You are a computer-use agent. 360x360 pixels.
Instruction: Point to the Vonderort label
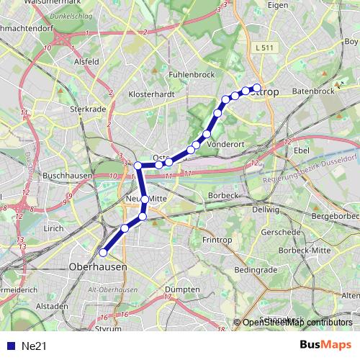pos(226,144)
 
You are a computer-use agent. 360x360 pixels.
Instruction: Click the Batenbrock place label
pos(314,91)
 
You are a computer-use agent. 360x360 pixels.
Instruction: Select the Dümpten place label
pos(183,289)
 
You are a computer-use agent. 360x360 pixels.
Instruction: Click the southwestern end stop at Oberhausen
pos(103,253)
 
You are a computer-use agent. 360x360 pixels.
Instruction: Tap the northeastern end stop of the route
pos(256,89)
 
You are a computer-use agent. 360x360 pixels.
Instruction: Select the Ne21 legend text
pos(33,346)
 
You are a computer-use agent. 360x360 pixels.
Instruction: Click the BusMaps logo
pos(325,345)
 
